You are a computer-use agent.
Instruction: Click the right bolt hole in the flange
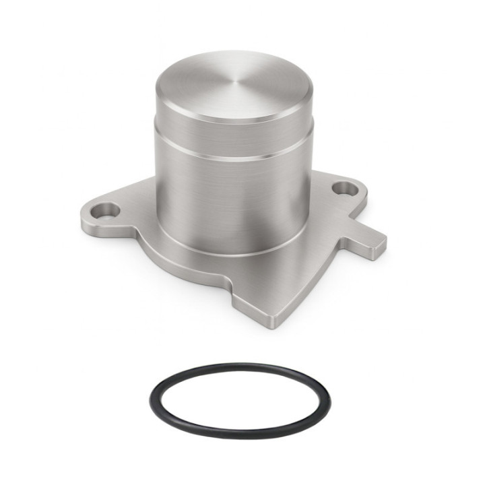coord(346,189)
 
